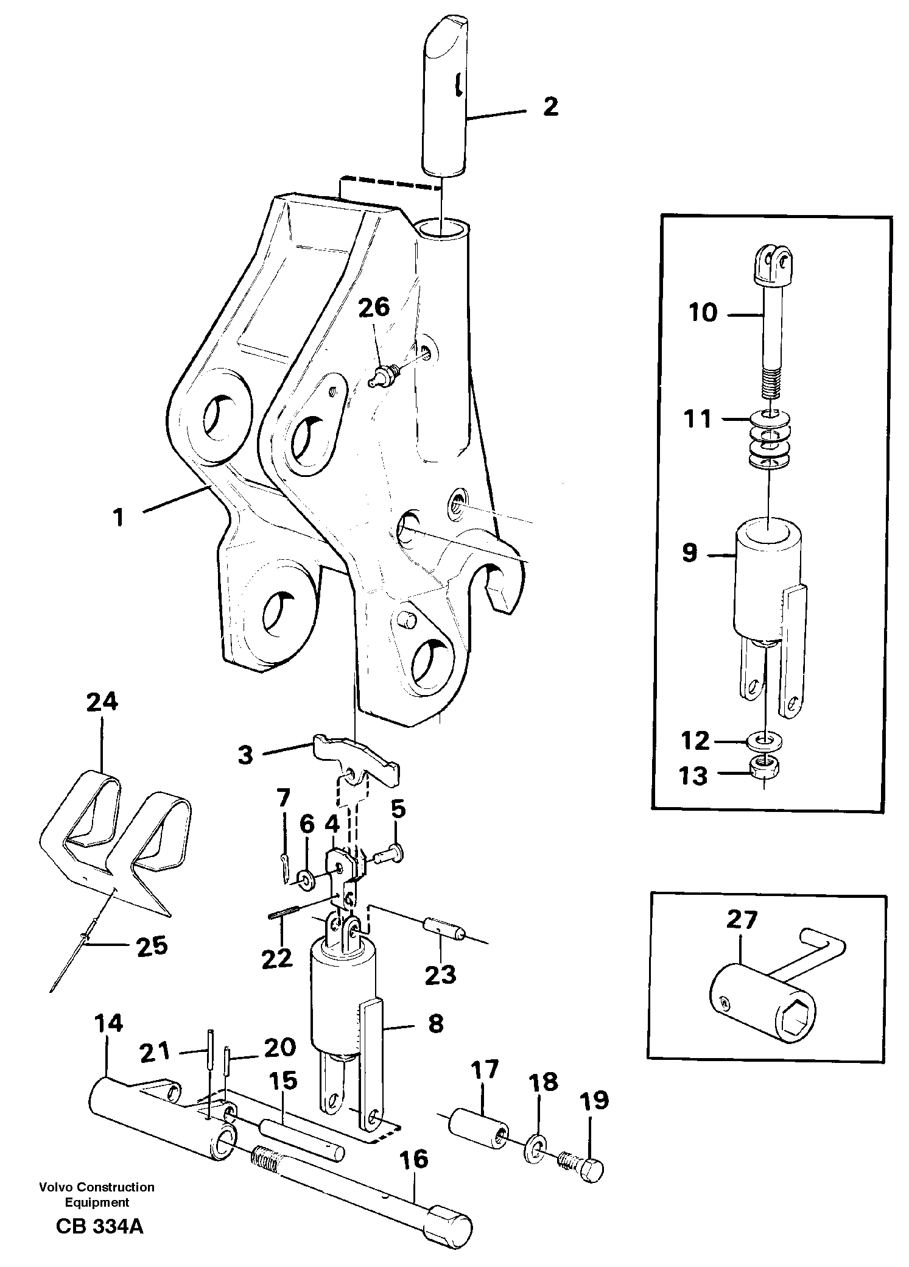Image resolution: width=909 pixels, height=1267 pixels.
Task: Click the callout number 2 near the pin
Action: coord(550,107)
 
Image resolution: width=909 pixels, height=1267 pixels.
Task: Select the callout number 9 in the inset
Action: coord(689,554)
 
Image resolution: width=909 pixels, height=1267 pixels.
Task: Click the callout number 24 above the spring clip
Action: coord(102,702)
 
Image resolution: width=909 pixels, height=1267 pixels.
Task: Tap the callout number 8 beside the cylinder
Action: coord(435,1024)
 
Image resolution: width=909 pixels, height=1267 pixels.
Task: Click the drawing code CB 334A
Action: coord(99,1239)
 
